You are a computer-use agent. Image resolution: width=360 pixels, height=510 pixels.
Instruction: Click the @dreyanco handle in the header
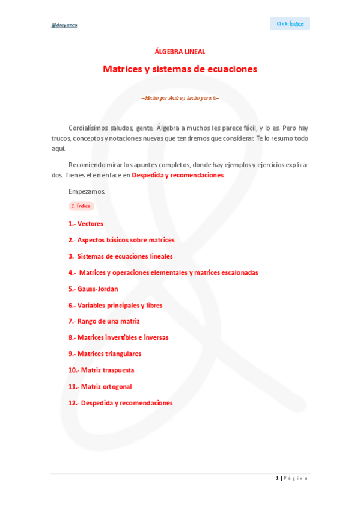pyautogui.click(x=64, y=25)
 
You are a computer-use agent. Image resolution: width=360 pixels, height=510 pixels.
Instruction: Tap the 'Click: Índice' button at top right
pyautogui.click(x=290, y=23)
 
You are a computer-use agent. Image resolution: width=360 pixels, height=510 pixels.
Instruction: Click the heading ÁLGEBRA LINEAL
pyautogui.click(x=180, y=52)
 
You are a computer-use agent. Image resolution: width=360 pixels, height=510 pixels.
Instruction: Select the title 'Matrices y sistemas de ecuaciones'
pyautogui.click(x=180, y=69)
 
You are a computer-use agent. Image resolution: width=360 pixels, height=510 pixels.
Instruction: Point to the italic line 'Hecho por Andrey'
pyautogui.click(x=180, y=97)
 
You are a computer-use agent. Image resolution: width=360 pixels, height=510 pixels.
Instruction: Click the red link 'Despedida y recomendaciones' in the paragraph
pyautogui.click(x=177, y=175)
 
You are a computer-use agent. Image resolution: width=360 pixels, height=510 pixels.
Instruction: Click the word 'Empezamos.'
pyautogui.click(x=87, y=191)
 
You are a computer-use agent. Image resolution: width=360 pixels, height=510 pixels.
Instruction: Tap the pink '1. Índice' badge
pyautogui.click(x=81, y=206)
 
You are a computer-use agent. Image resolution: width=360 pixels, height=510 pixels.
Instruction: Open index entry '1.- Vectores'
pyautogui.click(x=85, y=224)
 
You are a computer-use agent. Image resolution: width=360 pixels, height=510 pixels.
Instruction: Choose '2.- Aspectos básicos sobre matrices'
pyautogui.click(x=121, y=240)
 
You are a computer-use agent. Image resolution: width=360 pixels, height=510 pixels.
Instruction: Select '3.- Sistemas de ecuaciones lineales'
pyautogui.click(x=120, y=256)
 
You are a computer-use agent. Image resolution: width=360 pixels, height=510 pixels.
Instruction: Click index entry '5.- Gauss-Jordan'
pyautogui.click(x=93, y=289)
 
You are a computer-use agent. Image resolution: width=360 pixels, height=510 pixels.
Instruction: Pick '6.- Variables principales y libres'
pyautogui.click(x=115, y=305)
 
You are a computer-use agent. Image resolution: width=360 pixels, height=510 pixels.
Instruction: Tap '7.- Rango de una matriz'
pyautogui.click(x=104, y=321)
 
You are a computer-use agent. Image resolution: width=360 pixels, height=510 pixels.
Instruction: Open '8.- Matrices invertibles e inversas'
pyautogui.click(x=118, y=337)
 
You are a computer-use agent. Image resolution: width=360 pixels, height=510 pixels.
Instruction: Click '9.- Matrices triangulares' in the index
pyautogui.click(x=105, y=354)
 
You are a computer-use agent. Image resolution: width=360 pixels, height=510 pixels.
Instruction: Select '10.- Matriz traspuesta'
pyautogui.click(x=101, y=370)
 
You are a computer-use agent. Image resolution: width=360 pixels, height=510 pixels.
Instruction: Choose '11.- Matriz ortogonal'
pyautogui.click(x=100, y=386)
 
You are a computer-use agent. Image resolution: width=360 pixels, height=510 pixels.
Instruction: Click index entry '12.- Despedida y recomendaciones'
pyautogui.click(x=120, y=403)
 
